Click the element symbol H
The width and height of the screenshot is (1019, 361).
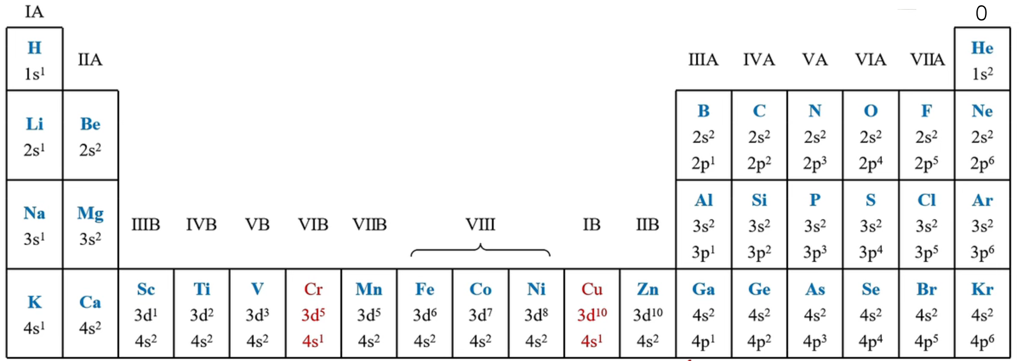tap(35, 48)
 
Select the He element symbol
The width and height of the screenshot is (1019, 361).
tap(982, 48)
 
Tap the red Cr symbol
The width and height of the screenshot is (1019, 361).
tap(313, 289)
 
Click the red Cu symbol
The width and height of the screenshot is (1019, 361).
tap(592, 289)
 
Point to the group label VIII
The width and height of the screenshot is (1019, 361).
tap(481, 224)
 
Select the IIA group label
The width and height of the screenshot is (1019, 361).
tap(90, 60)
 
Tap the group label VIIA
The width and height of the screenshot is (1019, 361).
tap(927, 60)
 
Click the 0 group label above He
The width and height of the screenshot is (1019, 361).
tap(982, 13)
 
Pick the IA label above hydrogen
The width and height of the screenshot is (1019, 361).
tap(34, 12)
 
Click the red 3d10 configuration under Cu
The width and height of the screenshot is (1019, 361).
tap(592, 315)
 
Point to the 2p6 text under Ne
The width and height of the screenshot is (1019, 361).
tap(982, 163)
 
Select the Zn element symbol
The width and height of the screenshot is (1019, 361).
tap(647, 289)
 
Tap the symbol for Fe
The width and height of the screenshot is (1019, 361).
tap(424, 289)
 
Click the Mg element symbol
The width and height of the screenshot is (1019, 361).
tap(90, 214)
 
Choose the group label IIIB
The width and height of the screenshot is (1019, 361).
tap(146, 224)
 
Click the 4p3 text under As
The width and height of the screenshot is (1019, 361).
tap(815, 341)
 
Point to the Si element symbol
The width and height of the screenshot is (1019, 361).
tap(759, 200)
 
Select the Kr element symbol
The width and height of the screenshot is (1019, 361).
tap(982, 289)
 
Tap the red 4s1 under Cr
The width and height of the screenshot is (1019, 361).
tap(313, 341)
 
